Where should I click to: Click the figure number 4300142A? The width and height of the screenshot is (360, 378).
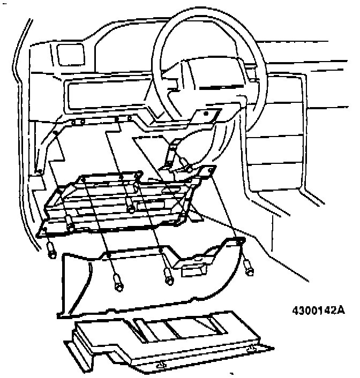coord(318,311)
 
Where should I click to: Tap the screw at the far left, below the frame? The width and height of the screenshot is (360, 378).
coord(51,249)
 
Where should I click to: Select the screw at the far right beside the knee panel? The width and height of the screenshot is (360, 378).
coord(249,266)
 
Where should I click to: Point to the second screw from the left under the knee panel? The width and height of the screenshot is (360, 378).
coord(118,282)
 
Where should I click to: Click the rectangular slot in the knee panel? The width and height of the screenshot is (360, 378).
coord(194,269)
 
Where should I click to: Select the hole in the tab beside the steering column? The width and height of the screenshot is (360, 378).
coord(206,114)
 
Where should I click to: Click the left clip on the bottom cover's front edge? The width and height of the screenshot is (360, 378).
coord(160,365)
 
